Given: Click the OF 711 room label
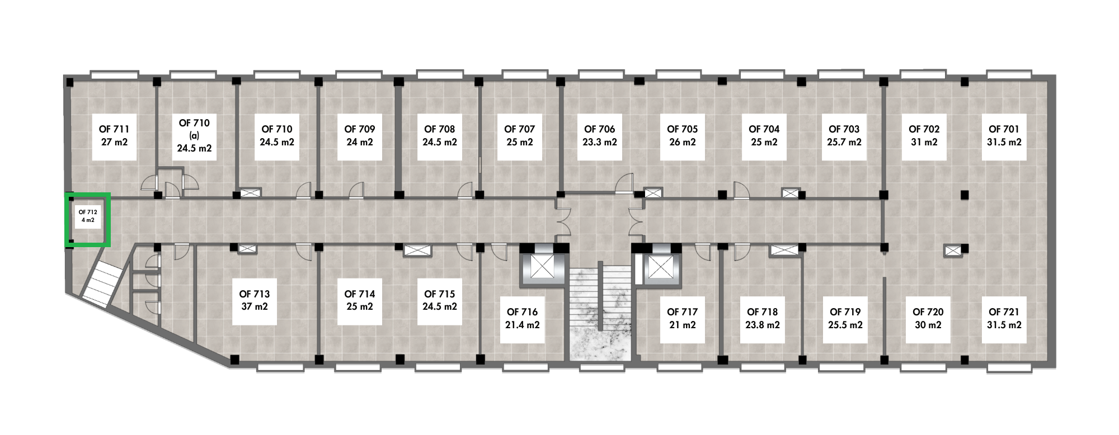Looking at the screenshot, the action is (114, 136).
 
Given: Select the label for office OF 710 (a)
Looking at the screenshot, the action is (194, 136).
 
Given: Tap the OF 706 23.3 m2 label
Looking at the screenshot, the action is (599, 136).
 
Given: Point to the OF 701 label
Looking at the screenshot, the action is (1004, 136).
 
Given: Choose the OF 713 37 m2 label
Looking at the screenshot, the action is (255, 300).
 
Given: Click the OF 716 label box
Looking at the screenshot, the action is (523, 318).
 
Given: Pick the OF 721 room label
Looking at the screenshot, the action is (1004, 319).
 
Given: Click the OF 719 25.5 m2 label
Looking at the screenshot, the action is (845, 319).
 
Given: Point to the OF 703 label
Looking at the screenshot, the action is (844, 136).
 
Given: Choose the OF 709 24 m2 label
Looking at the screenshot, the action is (359, 136).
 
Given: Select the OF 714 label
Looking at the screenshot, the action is (359, 300).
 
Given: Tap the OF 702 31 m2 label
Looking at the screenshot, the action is (924, 136).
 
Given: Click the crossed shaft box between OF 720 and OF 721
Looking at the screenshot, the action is (952, 251).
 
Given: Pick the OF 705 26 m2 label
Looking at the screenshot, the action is (682, 136).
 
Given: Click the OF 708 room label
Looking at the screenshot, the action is (439, 136).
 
